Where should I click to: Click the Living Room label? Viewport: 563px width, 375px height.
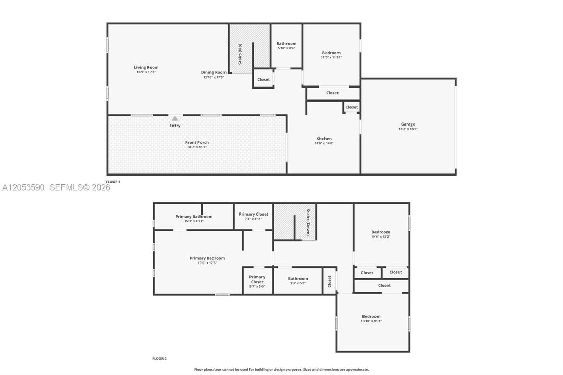point(146,67)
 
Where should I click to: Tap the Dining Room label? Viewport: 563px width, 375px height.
point(214,72)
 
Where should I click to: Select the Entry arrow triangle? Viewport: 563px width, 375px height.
point(174,118)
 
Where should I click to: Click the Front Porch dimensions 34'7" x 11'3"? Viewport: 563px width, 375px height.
point(197,147)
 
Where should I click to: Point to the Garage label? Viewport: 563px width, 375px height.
point(408,124)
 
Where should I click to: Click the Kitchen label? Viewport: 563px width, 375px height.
point(324,139)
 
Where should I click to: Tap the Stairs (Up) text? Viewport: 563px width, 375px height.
point(240,54)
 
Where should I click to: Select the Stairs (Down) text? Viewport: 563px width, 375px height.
point(308,222)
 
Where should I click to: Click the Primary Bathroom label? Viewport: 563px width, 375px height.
point(194,216)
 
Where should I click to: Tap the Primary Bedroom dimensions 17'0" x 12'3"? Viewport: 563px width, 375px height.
point(207,263)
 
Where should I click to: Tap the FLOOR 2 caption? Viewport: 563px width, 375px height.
point(159,358)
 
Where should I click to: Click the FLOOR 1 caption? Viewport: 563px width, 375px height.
point(112,182)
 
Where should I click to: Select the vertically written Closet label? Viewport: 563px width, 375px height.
point(329,281)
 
